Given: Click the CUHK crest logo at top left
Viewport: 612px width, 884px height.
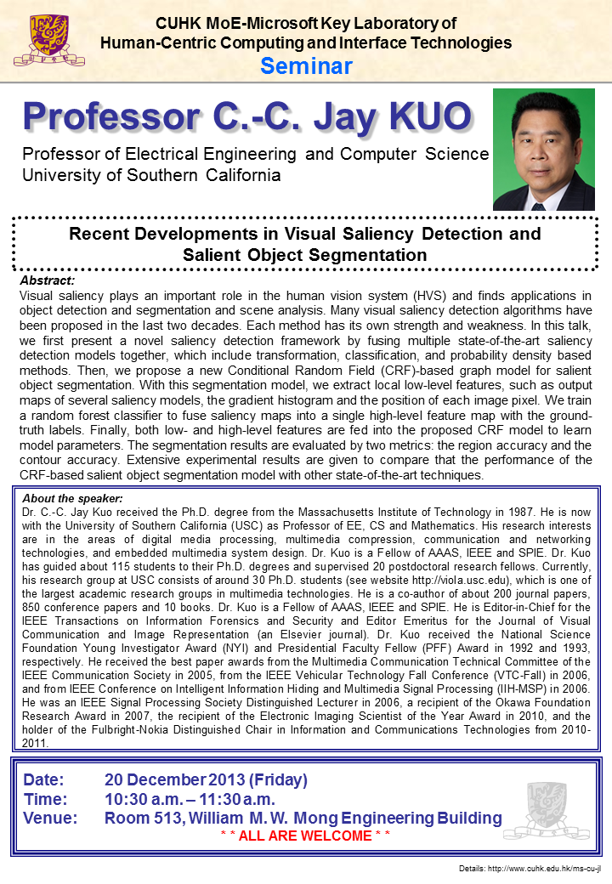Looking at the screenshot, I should (x=37, y=40).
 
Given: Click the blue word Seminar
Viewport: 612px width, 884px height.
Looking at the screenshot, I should (x=306, y=65).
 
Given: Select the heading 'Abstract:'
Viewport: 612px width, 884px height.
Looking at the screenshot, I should (x=47, y=280).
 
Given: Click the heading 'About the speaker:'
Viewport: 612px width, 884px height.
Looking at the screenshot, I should (x=72, y=497).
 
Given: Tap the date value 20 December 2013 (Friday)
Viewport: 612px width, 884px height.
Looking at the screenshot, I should (x=206, y=779).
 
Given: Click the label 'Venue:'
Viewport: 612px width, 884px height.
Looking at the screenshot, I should (x=50, y=819).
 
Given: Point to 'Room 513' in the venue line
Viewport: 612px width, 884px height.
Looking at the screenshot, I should (x=141, y=819).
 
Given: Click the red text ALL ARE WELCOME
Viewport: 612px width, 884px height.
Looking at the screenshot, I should (x=305, y=836).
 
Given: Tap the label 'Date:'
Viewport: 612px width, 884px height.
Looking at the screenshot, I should (x=43, y=779).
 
